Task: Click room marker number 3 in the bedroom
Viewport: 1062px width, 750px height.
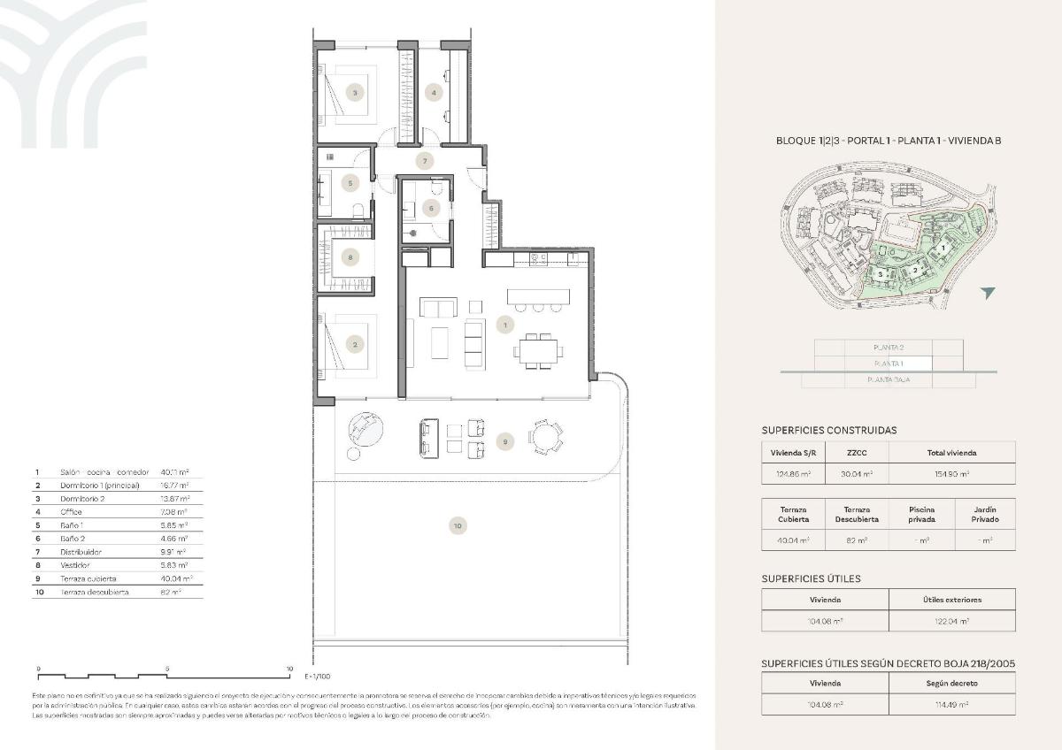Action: tap(354, 92)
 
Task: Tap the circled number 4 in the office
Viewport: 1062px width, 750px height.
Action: tap(434, 92)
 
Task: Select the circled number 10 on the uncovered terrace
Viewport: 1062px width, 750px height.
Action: tap(457, 525)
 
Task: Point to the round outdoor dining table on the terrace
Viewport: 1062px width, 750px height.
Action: tap(545, 437)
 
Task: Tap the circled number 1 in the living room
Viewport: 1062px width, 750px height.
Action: tap(504, 325)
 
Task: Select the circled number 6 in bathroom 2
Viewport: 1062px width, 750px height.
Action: tap(431, 209)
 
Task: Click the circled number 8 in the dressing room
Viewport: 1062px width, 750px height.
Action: tap(351, 258)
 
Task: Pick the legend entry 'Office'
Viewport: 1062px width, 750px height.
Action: tap(72, 511)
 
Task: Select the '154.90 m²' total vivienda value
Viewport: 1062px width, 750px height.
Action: tap(951, 474)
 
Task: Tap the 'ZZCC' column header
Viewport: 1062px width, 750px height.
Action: tap(857, 452)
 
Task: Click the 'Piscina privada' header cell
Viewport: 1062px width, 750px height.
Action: tap(921, 514)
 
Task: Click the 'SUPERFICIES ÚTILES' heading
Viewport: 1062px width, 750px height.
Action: tap(811, 578)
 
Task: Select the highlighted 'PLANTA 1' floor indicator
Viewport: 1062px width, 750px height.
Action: tap(889, 364)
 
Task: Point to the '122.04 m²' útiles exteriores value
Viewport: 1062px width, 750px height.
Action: tap(951, 621)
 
